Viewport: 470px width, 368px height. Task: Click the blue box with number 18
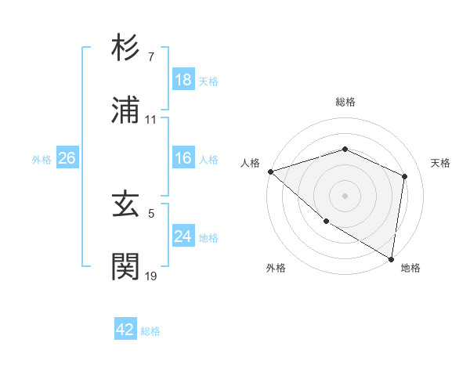click(x=183, y=80)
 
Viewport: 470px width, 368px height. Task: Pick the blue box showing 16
click(x=183, y=158)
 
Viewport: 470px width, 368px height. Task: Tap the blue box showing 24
click(x=183, y=236)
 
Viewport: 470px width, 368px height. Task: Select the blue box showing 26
click(x=67, y=158)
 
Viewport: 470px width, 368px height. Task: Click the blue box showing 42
click(x=125, y=330)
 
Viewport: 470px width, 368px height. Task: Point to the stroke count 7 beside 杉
click(x=150, y=57)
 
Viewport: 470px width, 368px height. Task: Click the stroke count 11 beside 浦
click(x=151, y=120)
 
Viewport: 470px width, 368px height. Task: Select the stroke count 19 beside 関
click(x=151, y=276)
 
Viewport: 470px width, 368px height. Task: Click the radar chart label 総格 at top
click(x=345, y=102)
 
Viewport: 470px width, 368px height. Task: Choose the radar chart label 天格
click(x=441, y=163)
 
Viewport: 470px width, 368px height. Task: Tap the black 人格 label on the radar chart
click(x=250, y=163)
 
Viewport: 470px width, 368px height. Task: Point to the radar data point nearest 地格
click(x=392, y=258)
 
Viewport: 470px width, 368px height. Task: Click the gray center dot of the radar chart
click(x=345, y=196)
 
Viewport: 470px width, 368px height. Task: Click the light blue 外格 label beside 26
click(x=42, y=159)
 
